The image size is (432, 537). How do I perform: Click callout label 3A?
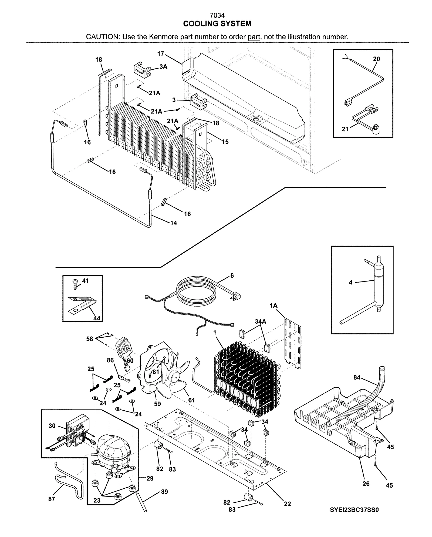click(x=163, y=66)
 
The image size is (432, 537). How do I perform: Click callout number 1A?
click(x=273, y=306)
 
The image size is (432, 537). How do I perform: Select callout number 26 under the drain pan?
click(x=366, y=483)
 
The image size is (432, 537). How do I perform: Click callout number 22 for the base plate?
click(x=287, y=504)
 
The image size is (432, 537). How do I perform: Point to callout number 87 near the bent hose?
click(x=52, y=499)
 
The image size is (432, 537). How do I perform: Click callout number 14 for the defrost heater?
click(x=173, y=223)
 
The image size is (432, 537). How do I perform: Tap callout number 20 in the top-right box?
click(x=376, y=59)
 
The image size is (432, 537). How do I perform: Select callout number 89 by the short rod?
click(x=164, y=492)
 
